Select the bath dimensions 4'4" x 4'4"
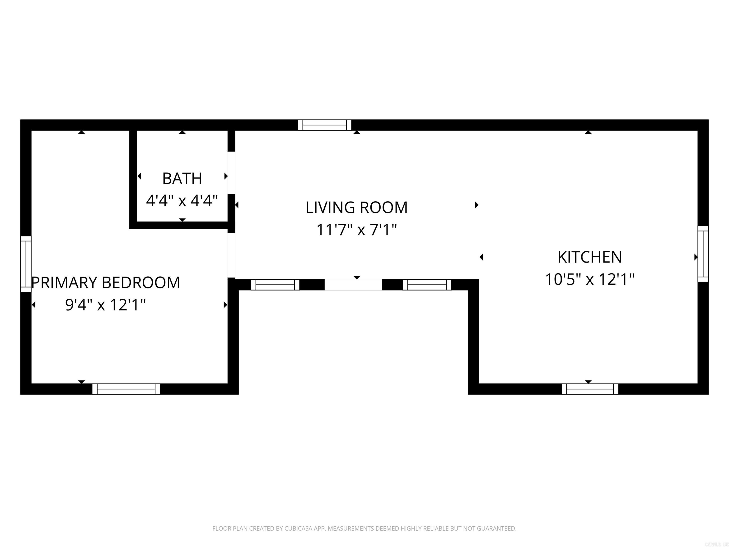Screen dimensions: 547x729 (182, 200)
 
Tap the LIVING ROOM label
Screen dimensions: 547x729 (357, 208)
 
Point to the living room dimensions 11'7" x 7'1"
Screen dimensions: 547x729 (357, 230)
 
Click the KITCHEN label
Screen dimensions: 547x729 (590, 257)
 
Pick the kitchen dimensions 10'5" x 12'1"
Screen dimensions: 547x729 (590, 279)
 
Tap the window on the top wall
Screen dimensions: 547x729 (325, 125)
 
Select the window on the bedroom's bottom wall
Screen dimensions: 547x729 (126, 389)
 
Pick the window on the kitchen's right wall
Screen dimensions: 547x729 (703, 254)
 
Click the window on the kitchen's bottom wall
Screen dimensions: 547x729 (590, 389)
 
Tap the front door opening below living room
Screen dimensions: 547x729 (353, 285)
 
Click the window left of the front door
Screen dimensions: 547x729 (275, 285)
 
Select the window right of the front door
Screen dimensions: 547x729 (427, 285)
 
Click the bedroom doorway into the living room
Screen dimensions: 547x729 (232, 255)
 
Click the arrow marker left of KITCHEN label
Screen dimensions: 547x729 (481, 257)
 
